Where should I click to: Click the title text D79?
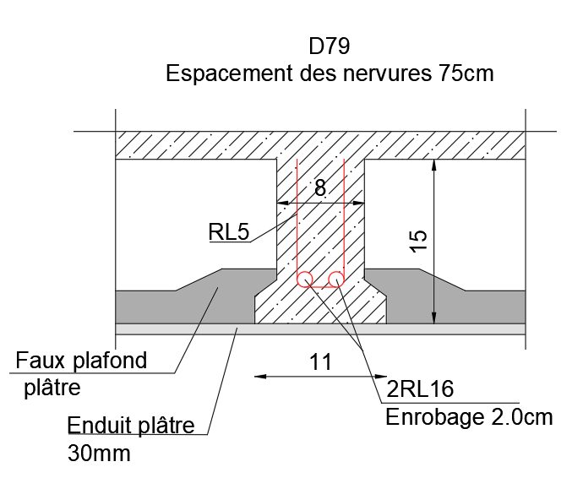coord(329,46)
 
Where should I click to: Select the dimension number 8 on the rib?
coord(320,187)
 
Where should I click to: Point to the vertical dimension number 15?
coord(418,242)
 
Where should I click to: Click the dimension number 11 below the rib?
coord(320,361)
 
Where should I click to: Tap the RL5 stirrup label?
coord(229,231)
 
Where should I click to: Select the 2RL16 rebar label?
coord(420,388)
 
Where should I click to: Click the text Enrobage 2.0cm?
coord(469,417)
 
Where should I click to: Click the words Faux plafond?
coord(81,361)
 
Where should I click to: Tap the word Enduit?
coord(99,426)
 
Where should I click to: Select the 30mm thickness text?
coord(99,454)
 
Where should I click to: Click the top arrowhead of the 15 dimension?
coord(433,166)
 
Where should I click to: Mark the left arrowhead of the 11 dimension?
coord(260,377)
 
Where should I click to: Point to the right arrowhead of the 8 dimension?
coord(358,203)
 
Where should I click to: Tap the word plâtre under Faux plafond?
coord(52,388)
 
